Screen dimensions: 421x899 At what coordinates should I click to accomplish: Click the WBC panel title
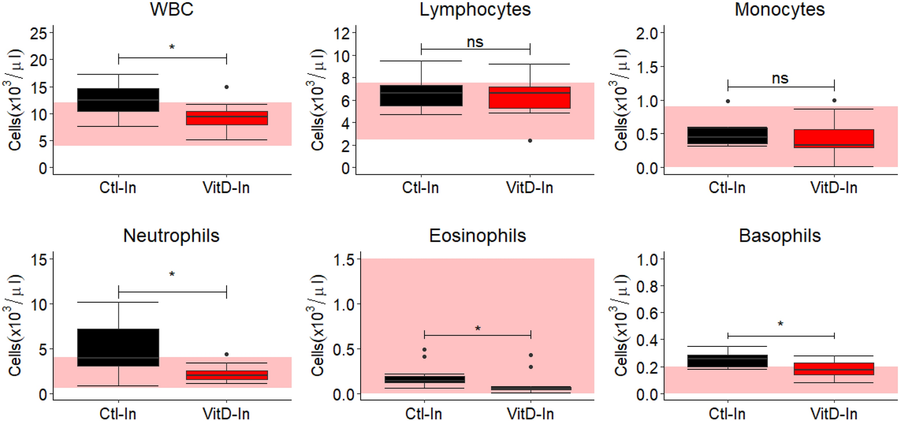tap(171, 10)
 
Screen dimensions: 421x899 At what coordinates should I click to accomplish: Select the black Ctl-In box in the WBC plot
tap(118, 100)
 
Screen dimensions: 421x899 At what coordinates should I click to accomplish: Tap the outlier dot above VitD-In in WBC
tap(227, 87)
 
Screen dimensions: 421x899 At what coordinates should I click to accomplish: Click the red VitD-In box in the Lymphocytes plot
tap(529, 98)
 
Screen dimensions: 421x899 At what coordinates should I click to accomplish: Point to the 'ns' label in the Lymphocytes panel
tap(475, 42)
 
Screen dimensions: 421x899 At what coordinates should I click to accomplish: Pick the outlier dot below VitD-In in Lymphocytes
tap(530, 141)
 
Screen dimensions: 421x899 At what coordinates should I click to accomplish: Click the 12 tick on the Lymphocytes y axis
tap(345, 34)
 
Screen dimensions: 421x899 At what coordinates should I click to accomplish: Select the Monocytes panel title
tap(779, 10)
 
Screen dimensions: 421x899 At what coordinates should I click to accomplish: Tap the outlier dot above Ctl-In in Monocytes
tap(728, 101)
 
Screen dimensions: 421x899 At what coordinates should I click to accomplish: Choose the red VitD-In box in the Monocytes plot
tap(833, 139)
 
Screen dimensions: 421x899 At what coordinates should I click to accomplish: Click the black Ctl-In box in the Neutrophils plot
tap(118, 347)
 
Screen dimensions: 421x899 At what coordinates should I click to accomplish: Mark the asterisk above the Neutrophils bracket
tap(172, 275)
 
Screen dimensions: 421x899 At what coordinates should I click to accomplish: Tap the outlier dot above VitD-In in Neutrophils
tap(227, 354)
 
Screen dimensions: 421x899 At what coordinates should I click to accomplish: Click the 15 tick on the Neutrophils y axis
tap(39, 260)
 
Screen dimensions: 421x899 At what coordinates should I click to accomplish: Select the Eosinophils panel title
tap(477, 236)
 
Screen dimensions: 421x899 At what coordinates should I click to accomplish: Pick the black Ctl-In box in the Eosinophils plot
tap(424, 379)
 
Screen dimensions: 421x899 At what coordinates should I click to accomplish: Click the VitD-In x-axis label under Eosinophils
tap(530, 414)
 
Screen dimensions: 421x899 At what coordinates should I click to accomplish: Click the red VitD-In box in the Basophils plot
tap(833, 369)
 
